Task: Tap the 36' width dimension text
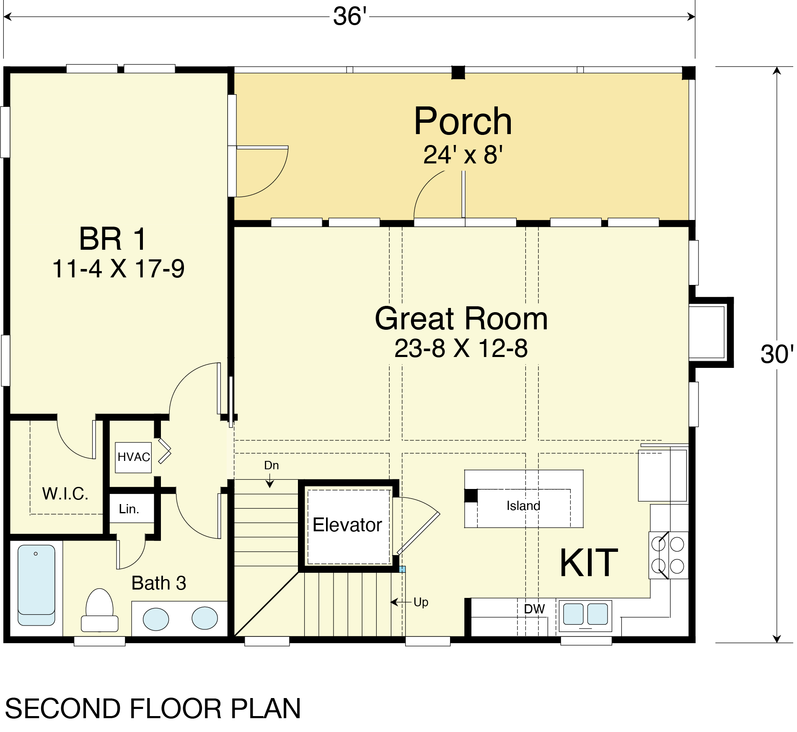[x=350, y=17]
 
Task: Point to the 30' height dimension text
[x=776, y=354]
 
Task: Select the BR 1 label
[x=113, y=239]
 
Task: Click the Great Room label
[x=461, y=318]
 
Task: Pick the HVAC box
[x=133, y=457]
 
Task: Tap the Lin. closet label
[x=129, y=509]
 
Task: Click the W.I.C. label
[x=65, y=494]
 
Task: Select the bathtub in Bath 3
[x=36, y=585]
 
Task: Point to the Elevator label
[x=347, y=525]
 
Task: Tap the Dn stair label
[x=272, y=465]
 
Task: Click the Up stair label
[x=421, y=603]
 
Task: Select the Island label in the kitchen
[x=523, y=506]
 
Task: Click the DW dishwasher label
[x=534, y=609]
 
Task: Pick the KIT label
[x=589, y=563]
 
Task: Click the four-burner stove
[x=668, y=556]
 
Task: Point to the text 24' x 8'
[x=463, y=155]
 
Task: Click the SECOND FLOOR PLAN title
[x=153, y=709]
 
